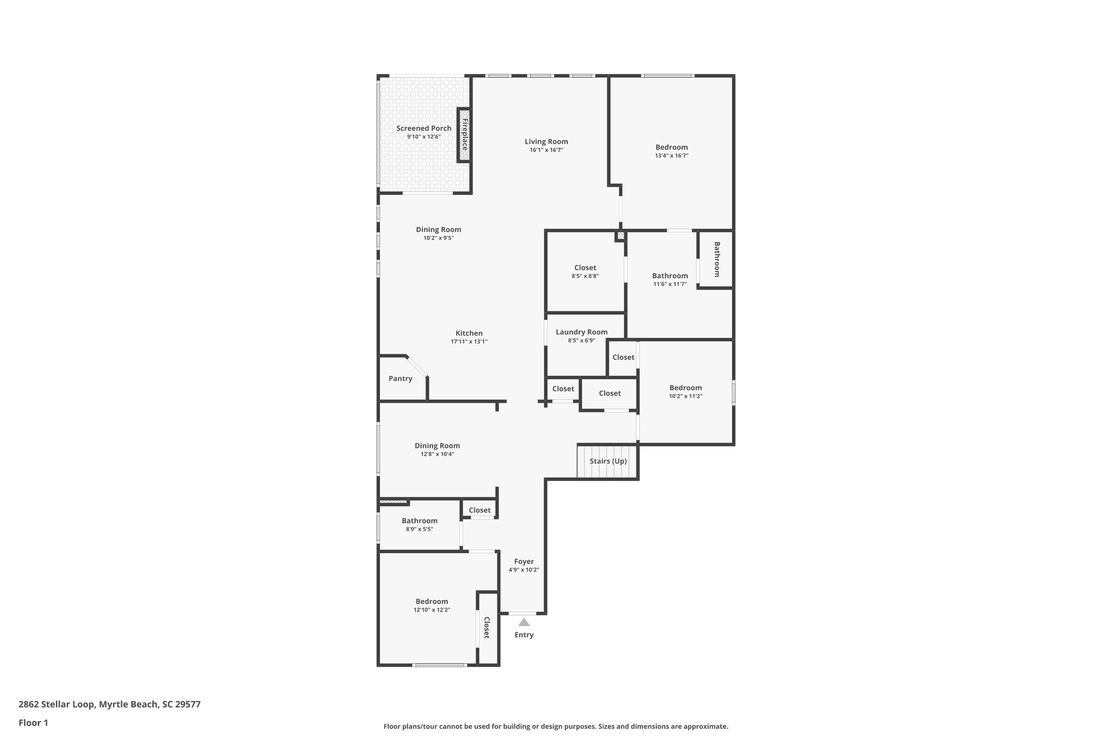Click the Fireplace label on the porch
[465, 135]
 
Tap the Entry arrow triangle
[523, 622]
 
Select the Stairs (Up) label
[608, 461]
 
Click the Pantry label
[400, 378]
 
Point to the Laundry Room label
[582, 332]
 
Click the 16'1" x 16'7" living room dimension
[546, 150]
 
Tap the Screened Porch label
[424, 128]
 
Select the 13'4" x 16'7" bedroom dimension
[672, 155]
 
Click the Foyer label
[524, 561]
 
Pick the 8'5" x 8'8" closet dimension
[585, 276]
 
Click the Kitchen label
[469, 333]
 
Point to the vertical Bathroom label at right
[717, 259]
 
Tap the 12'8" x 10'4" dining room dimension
[437, 454]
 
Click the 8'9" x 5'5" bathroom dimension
[419, 529]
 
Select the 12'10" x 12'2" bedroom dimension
[432, 610]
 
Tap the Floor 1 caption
[33, 723]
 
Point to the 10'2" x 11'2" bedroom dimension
[685, 396]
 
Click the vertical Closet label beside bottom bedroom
[487, 628]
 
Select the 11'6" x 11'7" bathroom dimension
[670, 284]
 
